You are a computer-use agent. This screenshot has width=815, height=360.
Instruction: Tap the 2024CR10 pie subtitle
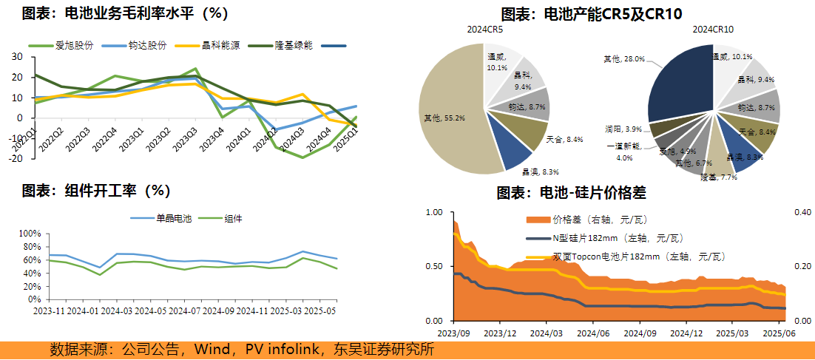(x=713, y=30)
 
